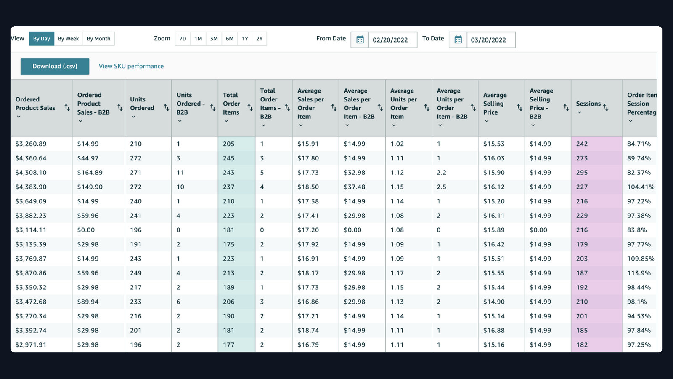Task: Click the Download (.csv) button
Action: coord(55,66)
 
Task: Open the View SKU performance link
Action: coord(131,66)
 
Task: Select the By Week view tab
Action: coord(68,39)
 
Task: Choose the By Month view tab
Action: coord(98,39)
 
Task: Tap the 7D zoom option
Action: coord(183,39)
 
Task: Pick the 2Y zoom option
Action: coord(259,39)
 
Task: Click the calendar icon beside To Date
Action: coord(458,40)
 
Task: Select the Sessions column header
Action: coord(588,104)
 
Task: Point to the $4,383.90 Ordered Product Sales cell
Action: coord(31,187)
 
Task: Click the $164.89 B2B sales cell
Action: coord(90,173)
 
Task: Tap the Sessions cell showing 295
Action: coord(582,173)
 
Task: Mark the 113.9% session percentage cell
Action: coord(639,273)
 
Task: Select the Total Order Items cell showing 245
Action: coord(229,158)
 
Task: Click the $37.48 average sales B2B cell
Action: coord(355,187)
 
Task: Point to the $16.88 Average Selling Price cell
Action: coord(494,330)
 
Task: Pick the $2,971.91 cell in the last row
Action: coord(31,345)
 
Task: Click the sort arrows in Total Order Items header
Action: coord(250,107)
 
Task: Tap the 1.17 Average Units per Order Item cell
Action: coord(397,273)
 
